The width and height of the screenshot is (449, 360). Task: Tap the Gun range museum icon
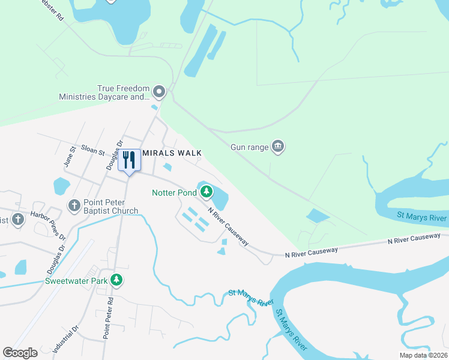click(x=277, y=146)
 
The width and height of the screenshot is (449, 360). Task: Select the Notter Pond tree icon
click(x=206, y=192)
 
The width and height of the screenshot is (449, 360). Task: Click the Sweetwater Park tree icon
click(x=117, y=280)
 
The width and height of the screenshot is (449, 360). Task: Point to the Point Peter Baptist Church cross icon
click(x=74, y=206)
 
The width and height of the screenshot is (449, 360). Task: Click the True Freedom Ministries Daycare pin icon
click(x=159, y=92)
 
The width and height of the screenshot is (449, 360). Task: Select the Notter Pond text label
click(x=174, y=193)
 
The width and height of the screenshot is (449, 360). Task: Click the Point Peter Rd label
click(x=109, y=318)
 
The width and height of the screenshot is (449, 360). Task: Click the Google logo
click(x=20, y=353)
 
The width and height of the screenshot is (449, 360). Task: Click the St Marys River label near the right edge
click(x=422, y=216)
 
